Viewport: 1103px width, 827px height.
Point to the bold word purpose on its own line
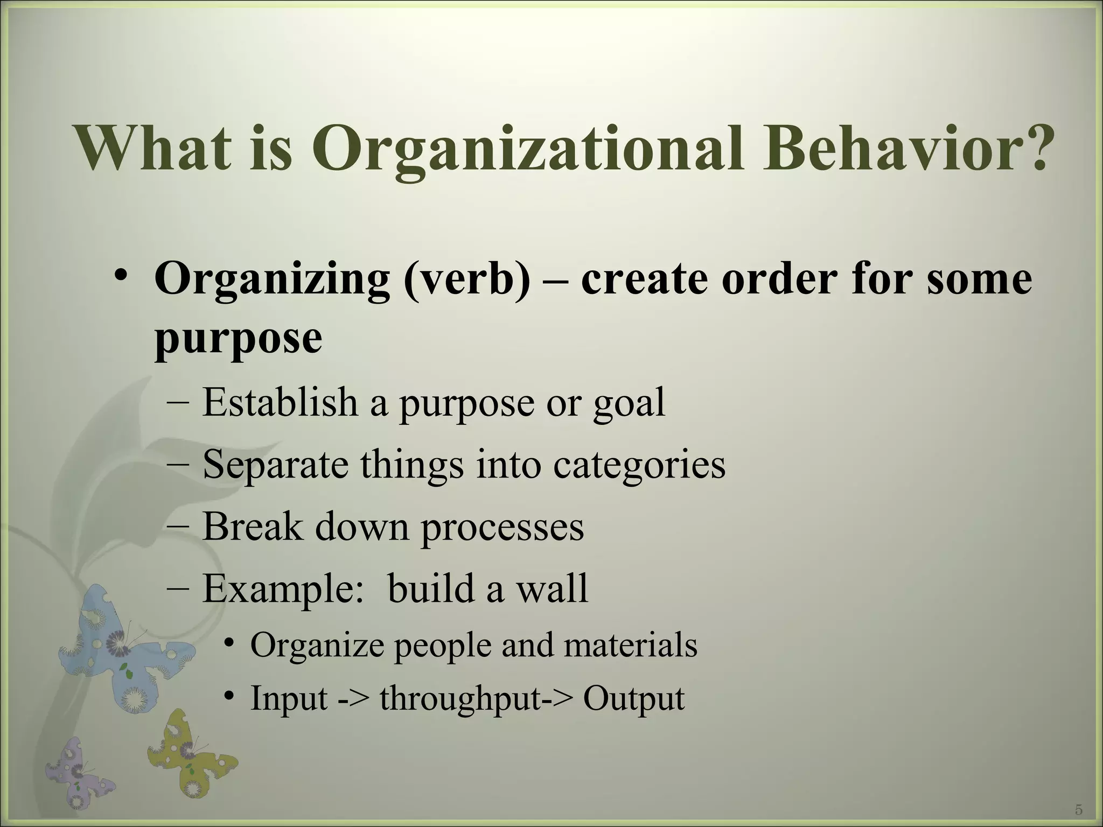[238, 339]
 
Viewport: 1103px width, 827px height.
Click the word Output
[633, 699]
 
